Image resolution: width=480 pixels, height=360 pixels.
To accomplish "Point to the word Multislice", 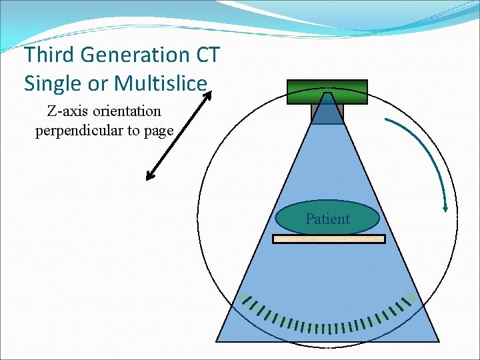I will [x=161, y=83].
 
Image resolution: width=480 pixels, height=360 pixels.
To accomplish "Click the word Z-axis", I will [x=63, y=111].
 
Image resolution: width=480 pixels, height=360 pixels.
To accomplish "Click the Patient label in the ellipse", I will [x=327, y=219].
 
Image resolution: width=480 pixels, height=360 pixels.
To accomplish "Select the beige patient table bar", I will [x=329, y=239].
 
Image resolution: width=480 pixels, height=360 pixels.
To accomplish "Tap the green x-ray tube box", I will [x=327, y=92].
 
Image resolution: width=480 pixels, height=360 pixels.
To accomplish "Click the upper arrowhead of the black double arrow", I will [x=207, y=95].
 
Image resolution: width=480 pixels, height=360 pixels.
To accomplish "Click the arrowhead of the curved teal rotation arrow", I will [x=445, y=209].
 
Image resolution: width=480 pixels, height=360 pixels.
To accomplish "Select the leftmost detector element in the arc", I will [x=246, y=299].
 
